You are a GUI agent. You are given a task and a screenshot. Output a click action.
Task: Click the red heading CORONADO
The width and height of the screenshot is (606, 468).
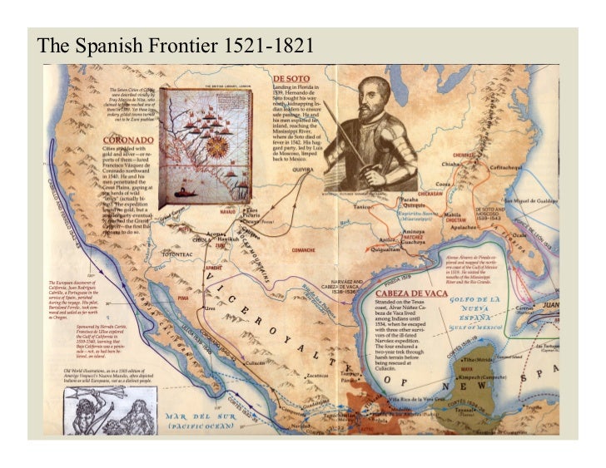[130, 140]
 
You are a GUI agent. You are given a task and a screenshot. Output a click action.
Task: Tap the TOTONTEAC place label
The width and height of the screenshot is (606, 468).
[177, 254]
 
